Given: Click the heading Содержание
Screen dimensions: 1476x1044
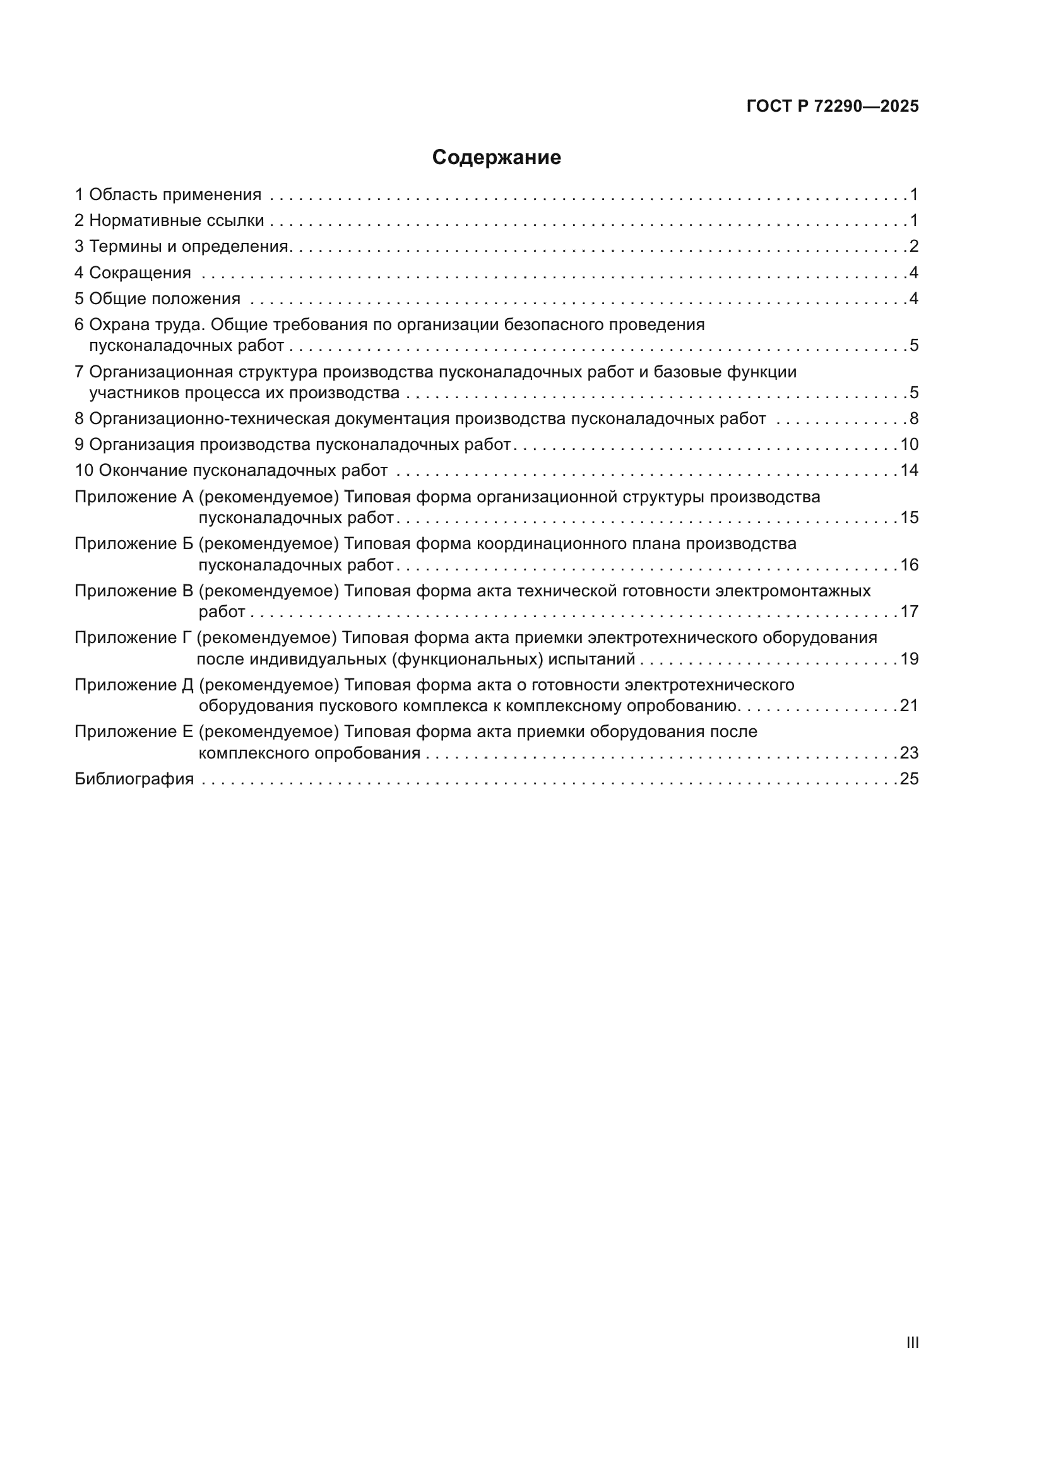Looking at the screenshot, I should pyautogui.click(x=496, y=158).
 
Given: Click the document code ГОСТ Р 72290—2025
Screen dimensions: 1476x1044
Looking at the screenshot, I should pyautogui.click(x=833, y=107).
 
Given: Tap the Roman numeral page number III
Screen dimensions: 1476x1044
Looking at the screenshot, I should pyautogui.click(x=912, y=1343).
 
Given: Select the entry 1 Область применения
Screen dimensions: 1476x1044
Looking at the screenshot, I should pyautogui.click(x=168, y=195).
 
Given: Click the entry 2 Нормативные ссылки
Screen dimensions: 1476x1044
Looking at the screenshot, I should pyautogui.click(x=169, y=221).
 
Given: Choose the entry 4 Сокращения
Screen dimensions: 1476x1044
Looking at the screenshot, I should pyautogui.click(x=133, y=273).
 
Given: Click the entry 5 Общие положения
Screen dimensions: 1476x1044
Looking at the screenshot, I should pyautogui.click(x=158, y=299).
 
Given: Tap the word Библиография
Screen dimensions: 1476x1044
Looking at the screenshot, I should pyautogui.click(x=134, y=779).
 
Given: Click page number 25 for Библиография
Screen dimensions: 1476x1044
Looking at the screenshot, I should pyautogui.click(x=909, y=779).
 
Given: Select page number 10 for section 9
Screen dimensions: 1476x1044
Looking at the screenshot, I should pyautogui.click(x=909, y=445).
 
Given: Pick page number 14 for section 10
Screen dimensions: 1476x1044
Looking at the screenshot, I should pyautogui.click(x=909, y=471).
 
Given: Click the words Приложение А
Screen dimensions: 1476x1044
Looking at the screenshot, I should pyautogui.click(x=134, y=497).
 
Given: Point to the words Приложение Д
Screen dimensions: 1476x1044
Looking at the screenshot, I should pyautogui.click(x=134, y=685).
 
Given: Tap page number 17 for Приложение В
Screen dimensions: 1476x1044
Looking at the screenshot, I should pyautogui.click(x=909, y=611).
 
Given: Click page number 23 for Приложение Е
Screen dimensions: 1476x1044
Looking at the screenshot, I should pyautogui.click(x=909, y=753).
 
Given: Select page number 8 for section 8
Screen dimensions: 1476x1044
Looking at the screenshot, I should pyautogui.click(x=913, y=419).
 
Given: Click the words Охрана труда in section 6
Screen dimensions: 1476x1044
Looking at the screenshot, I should pyautogui.click(x=147, y=324).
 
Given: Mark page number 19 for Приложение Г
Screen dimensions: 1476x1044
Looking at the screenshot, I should pyautogui.click(x=909, y=659).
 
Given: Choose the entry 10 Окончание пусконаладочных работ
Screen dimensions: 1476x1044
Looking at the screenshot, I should pyautogui.click(x=232, y=471).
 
